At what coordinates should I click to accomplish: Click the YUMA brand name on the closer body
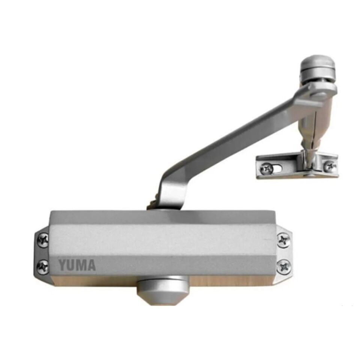[x=77, y=265]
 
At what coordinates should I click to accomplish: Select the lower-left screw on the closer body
[x=43, y=267]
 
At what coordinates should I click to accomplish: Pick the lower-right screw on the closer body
[x=284, y=267]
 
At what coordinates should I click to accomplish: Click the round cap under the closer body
[x=162, y=289]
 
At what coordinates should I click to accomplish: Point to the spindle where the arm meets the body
[x=154, y=204]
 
